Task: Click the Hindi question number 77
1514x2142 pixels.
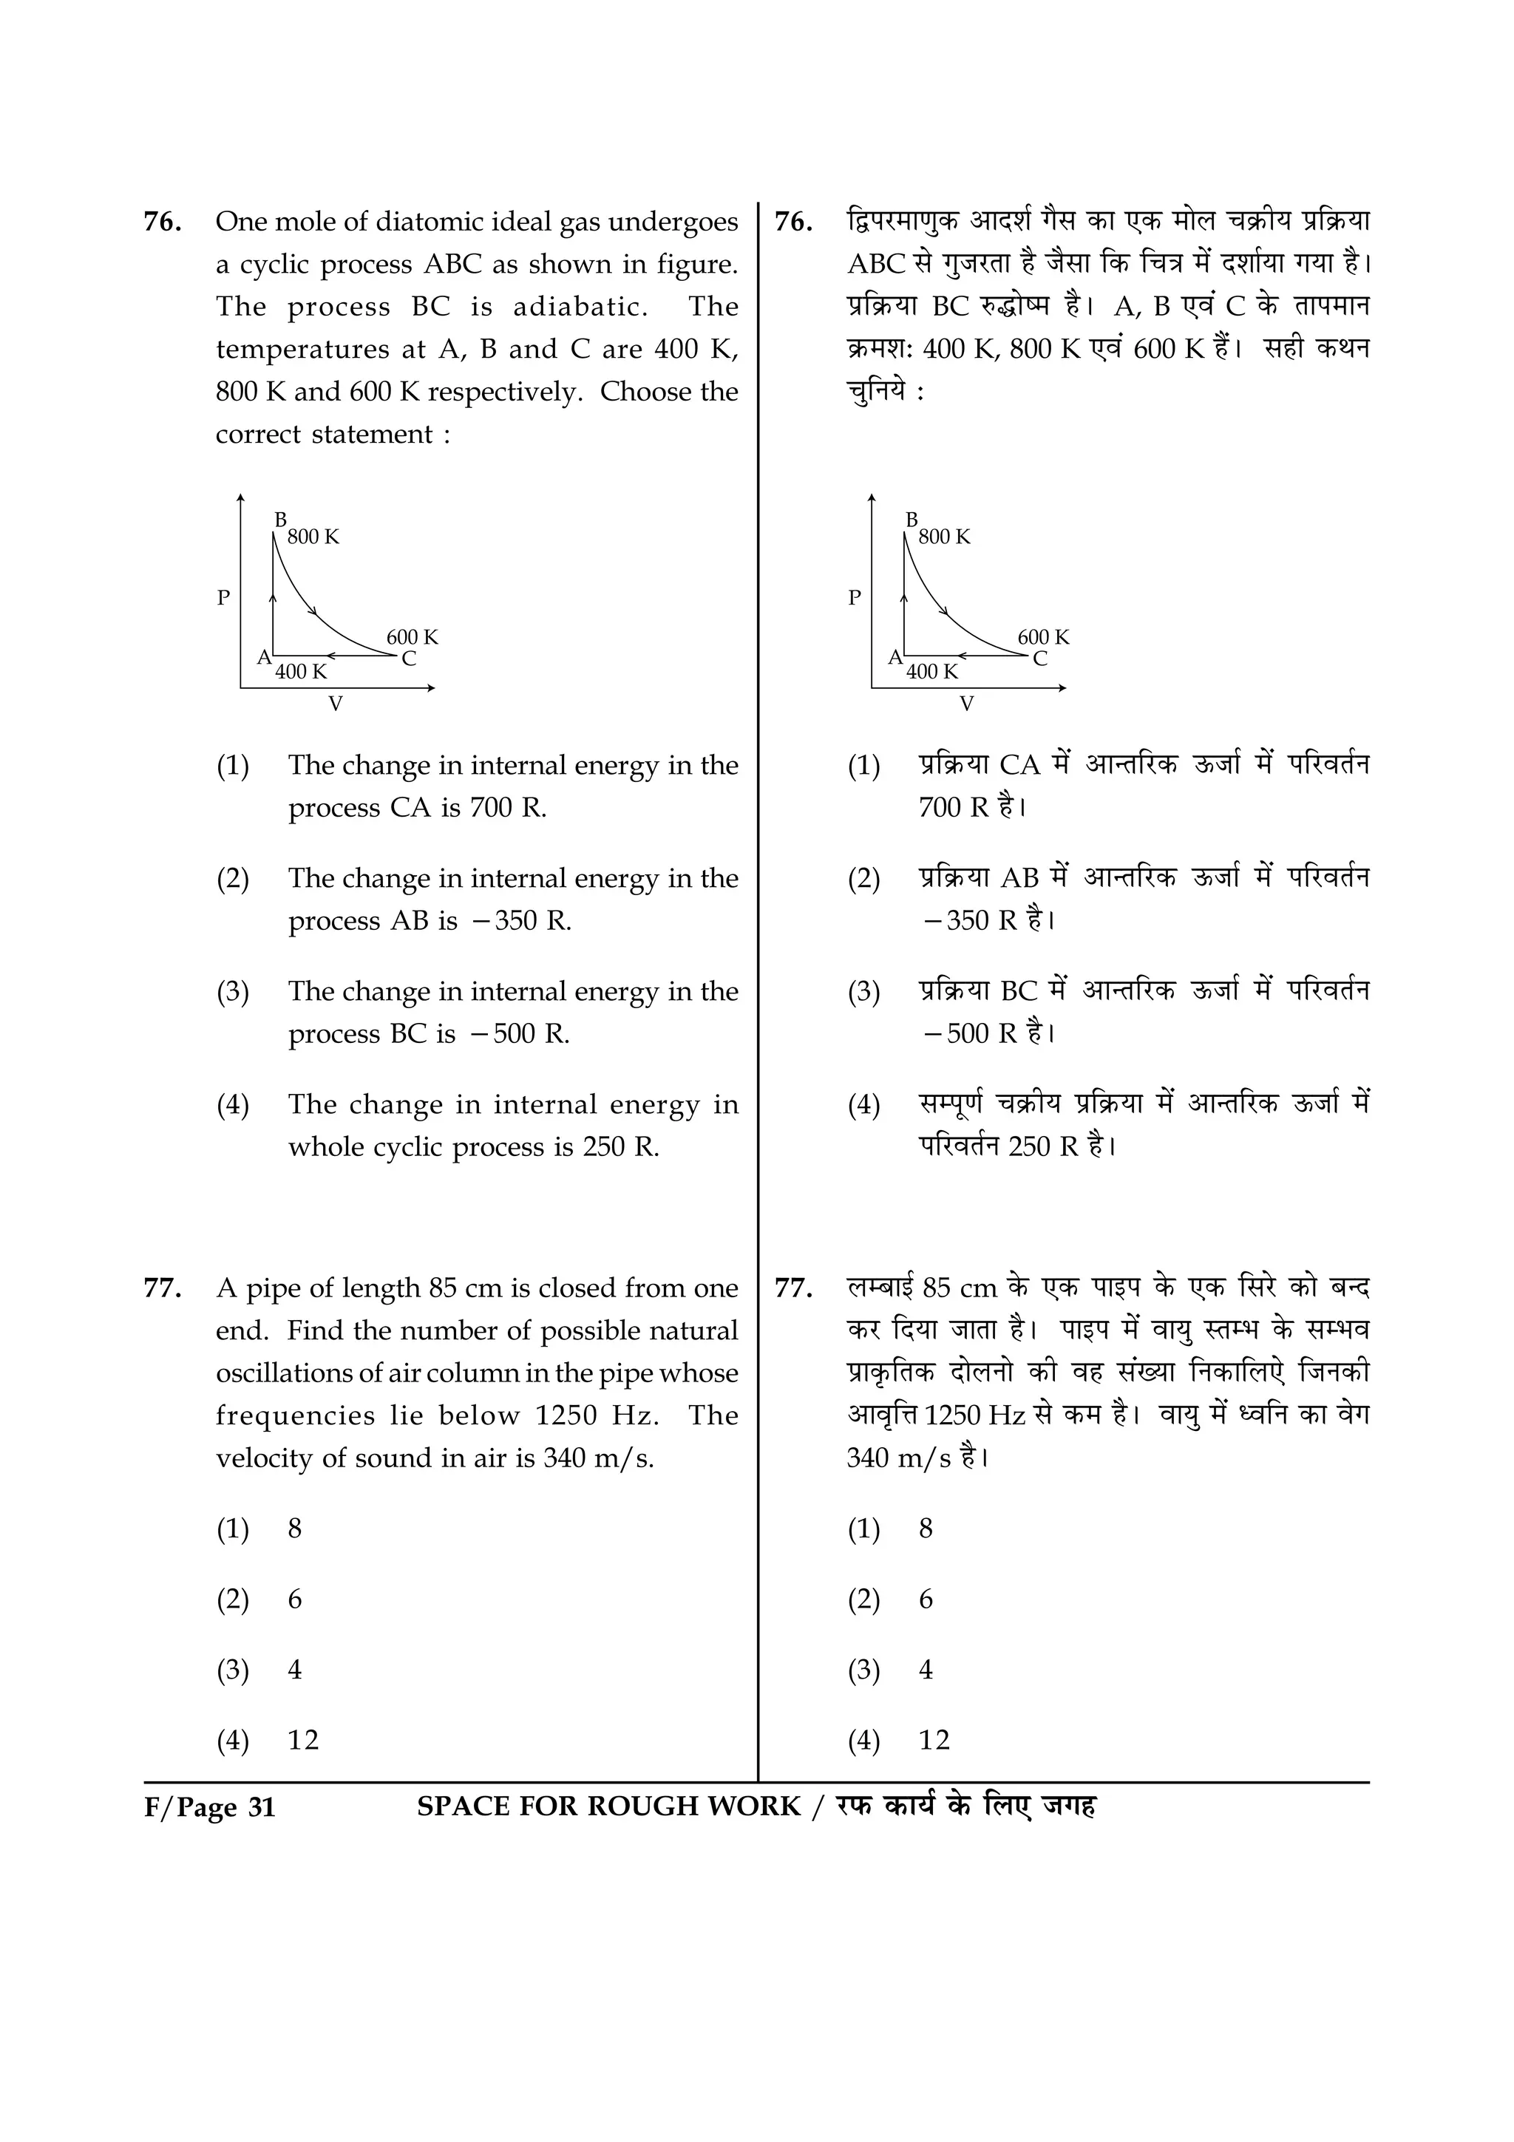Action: [793, 1288]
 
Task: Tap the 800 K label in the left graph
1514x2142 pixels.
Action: [313, 537]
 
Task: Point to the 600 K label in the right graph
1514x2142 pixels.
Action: [1043, 637]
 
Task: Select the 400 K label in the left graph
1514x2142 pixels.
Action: [302, 672]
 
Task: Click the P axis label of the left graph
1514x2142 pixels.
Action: [223, 598]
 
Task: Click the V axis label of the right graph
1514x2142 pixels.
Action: [966, 704]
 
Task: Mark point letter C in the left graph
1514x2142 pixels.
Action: [409, 659]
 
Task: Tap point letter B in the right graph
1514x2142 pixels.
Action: [912, 519]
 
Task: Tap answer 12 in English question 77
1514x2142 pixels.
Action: [303, 1740]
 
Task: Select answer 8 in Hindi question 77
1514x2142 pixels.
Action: [926, 1529]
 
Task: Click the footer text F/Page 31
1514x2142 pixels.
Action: [210, 1807]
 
